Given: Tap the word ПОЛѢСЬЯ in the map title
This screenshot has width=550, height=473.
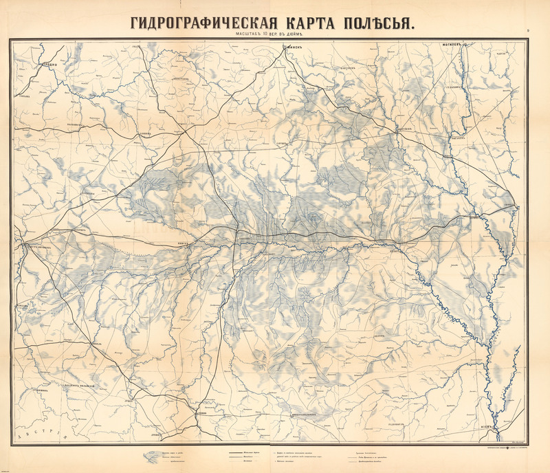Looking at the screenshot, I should point(377,23).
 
